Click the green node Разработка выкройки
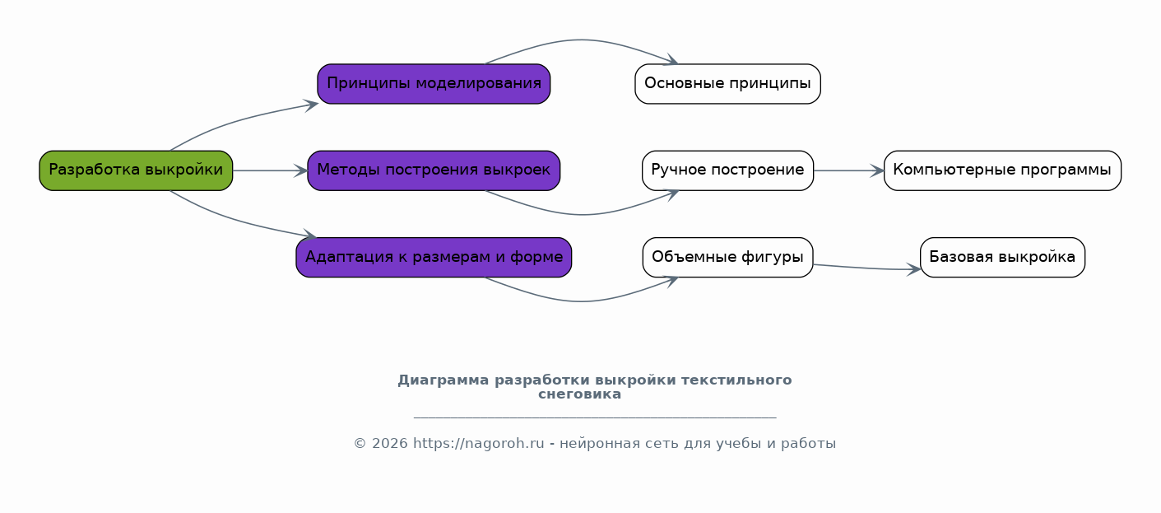[x=136, y=170]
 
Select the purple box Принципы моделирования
[x=434, y=84]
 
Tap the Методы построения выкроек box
[x=434, y=170]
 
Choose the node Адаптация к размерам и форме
[x=434, y=257]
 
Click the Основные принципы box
[x=727, y=84]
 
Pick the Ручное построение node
[x=727, y=170]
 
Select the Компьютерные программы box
[x=1002, y=170]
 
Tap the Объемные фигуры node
[x=727, y=257]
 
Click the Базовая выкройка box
[x=1002, y=257]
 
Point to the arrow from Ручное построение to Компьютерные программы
[x=848, y=170]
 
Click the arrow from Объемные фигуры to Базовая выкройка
[x=866, y=268]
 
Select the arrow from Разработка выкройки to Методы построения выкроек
[x=270, y=170]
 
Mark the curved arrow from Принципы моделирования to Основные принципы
[x=581, y=40]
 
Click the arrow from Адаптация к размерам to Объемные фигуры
[x=582, y=301]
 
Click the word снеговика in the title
[x=579, y=394]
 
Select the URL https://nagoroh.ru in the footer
[x=478, y=444]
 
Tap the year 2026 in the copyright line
[x=390, y=444]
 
